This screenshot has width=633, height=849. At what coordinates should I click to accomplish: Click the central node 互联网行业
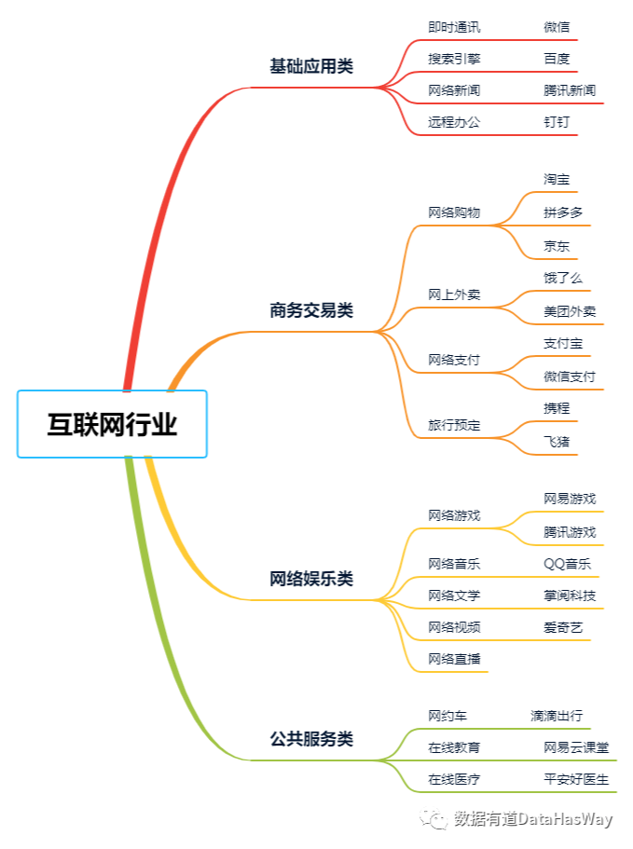coord(112,424)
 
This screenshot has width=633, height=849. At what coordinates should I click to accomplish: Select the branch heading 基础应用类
coord(311,66)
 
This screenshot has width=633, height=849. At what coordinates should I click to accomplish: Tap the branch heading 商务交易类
coord(311,310)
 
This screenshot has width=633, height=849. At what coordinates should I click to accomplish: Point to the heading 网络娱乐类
coord(311,579)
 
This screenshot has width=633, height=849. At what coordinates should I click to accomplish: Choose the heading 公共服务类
coord(311,739)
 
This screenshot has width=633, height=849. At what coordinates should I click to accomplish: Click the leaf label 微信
coord(557,27)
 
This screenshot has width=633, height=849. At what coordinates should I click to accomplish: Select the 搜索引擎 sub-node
coord(454,59)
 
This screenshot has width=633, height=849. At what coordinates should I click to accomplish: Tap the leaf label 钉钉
coord(557,122)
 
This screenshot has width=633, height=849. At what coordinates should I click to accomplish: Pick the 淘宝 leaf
coord(557,179)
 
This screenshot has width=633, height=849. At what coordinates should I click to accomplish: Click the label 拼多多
coord(563,212)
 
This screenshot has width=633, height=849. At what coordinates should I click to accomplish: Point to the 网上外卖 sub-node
coord(454,294)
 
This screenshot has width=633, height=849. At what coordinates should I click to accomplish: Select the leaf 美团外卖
coord(570,311)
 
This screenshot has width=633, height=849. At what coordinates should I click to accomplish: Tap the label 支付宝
coord(563,343)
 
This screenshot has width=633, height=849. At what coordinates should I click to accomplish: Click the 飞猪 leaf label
coord(557,441)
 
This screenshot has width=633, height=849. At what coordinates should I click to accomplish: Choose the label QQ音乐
coord(567,564)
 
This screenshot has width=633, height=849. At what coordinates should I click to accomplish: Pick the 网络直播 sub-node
coord(454,659)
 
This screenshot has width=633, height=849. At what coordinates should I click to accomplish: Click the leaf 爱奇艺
coord(563,627)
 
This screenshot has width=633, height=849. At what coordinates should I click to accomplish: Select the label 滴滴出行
coord(557,716)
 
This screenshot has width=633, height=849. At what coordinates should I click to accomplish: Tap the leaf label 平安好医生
coord(576,778)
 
